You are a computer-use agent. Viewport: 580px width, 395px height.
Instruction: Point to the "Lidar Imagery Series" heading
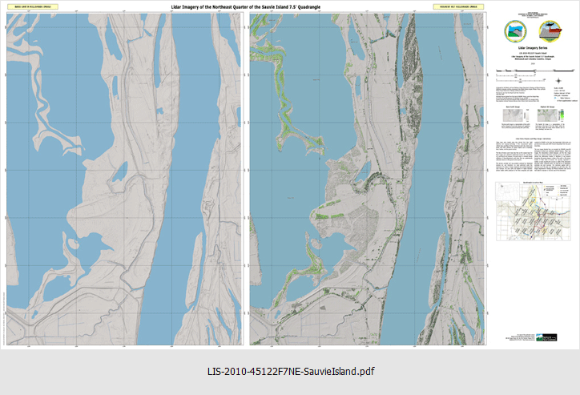pos(531,48)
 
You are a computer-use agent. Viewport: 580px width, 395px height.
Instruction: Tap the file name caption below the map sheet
pos(290,372)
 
